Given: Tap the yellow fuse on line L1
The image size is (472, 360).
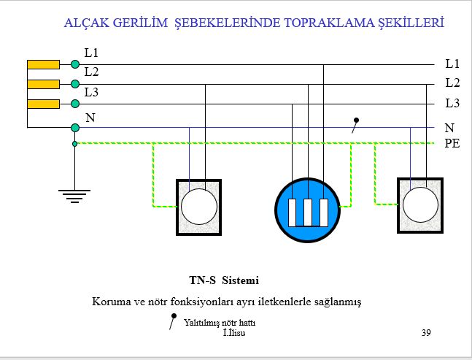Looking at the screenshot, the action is click(43, 64).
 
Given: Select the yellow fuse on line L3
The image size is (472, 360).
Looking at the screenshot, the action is click(43, 104).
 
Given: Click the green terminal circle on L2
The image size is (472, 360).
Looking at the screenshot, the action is click(75, 84).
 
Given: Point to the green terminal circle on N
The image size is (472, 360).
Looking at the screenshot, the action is click(75, 128).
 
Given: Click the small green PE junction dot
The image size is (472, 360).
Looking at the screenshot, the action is click(75, 144).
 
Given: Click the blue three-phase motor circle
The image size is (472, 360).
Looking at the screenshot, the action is click(308, 210).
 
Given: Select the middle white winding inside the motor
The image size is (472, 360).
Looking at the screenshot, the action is click(308, 212).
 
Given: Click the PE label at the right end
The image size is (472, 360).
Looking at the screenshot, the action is click(452, 143).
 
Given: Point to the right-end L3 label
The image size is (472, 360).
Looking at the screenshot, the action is click(452, 104).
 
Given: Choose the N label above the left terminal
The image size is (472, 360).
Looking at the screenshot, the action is click(90, 118).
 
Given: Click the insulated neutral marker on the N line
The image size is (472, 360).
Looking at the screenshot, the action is click(355, 126).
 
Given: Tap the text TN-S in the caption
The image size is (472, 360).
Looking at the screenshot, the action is click(202, 280).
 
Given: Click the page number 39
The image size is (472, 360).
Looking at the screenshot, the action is click(426, 332).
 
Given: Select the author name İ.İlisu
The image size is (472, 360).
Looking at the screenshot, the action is click(234, 332).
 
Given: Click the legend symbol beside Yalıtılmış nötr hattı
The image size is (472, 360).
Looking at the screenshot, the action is click(173, 321).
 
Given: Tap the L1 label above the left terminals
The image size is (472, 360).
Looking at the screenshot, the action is click(91, 53).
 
